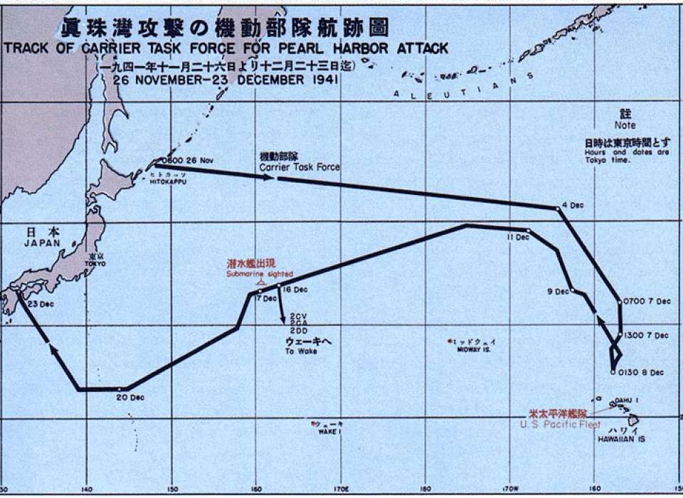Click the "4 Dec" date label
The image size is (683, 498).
[573, 206]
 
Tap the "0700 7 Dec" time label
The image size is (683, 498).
[647, 301]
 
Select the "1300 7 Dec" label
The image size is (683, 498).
[647, 334]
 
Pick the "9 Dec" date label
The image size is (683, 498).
[558, 291]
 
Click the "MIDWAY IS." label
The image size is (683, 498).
[477, 349]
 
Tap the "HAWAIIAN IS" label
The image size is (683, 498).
[616, 439]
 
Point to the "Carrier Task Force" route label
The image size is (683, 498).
[299, 167]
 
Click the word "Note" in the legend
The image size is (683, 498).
[626, 125]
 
